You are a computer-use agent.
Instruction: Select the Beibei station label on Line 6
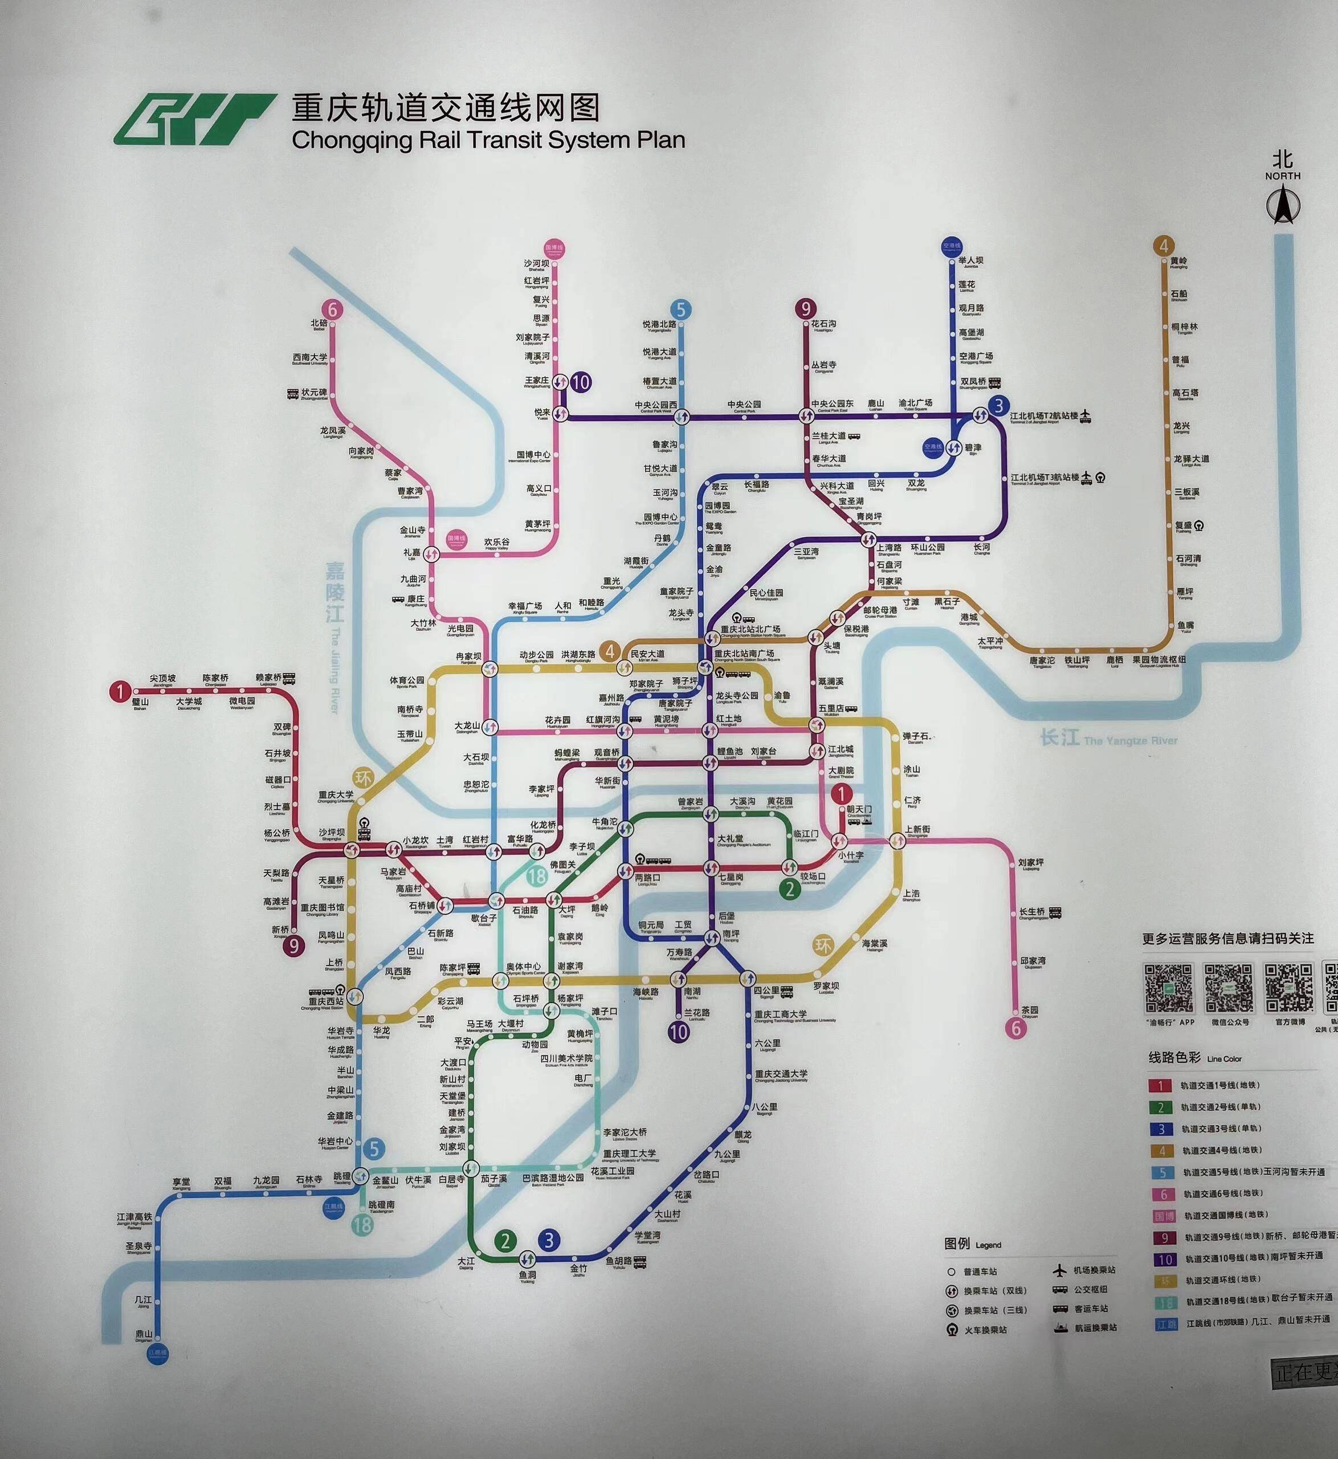(319, 325)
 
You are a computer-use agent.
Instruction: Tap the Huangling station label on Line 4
(1178, 262)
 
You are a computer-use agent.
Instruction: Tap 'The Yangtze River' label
(1129, 740)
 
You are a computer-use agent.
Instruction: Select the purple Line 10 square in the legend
(1164, 1258)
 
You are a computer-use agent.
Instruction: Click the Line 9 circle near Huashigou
(805, 309)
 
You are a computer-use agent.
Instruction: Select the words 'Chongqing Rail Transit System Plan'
(488, 140)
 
